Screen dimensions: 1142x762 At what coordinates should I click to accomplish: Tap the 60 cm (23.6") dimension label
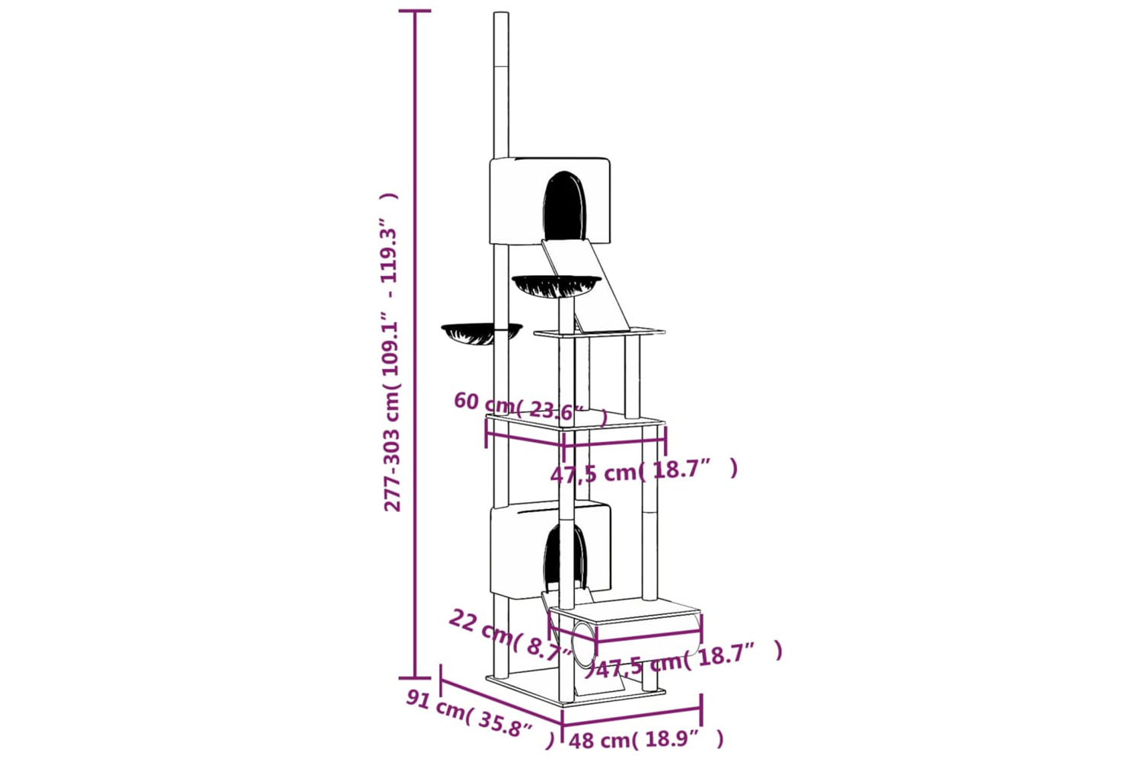530,408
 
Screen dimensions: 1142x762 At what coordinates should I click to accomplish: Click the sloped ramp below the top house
587,285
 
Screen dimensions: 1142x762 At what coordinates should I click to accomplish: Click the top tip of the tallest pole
501,13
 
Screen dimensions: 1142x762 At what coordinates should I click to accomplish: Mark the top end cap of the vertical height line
414,10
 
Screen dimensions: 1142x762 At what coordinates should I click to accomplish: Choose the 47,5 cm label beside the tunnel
689,661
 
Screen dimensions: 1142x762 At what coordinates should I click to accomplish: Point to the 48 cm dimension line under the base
632,717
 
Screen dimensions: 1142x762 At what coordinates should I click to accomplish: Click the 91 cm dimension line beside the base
501,701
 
